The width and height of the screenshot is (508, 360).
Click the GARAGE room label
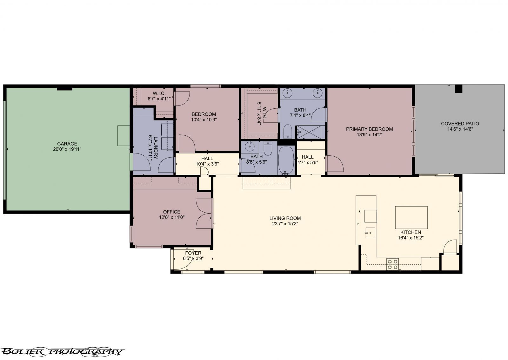[x=67, y=144]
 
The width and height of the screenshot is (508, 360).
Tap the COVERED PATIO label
[x=460, y=124]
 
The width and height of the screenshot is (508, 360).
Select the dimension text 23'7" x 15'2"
[x=285, y=224]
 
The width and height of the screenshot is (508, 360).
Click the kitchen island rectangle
[x=411, y=217]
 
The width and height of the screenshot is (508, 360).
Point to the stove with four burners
[x=393, y=264]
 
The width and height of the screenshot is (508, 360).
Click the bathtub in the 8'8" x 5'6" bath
[x=286, y=160]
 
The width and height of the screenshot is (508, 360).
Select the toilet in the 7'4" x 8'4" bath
[x=288, y=131]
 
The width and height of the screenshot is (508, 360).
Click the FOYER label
[x=193, y=253]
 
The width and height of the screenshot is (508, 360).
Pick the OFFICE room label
[x=171, y=212]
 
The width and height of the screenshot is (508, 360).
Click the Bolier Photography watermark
[x=62, y=351]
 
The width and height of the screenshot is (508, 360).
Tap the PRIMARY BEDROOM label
[x=369, y=129]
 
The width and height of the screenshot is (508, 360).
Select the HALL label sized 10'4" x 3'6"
[x=207, y=158]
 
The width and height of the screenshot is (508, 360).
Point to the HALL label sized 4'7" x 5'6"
[x=307, y=157]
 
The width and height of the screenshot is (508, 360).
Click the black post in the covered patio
[x=458, y=89]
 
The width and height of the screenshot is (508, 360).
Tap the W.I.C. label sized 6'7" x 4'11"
[x=159, y=93]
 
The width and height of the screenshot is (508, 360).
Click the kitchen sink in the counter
[x=370, y=233]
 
